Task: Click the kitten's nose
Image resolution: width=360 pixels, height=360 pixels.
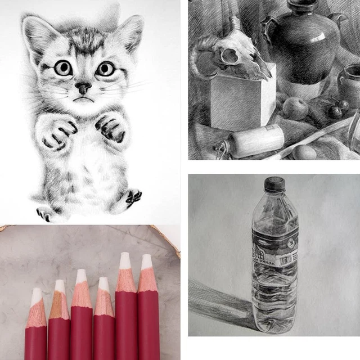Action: [x=83, y=88]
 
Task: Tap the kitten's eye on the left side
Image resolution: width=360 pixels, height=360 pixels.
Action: [x=62, y=68]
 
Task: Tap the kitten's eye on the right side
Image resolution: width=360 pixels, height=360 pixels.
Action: [x=105, y=69]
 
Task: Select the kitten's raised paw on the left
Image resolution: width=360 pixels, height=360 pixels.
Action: [x=56, y=132]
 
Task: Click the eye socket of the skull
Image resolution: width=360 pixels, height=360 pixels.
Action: [x=229, y=56]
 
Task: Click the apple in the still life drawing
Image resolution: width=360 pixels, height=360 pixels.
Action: [x=295, y=108]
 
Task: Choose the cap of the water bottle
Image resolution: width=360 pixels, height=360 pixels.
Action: [x=274, y=184]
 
